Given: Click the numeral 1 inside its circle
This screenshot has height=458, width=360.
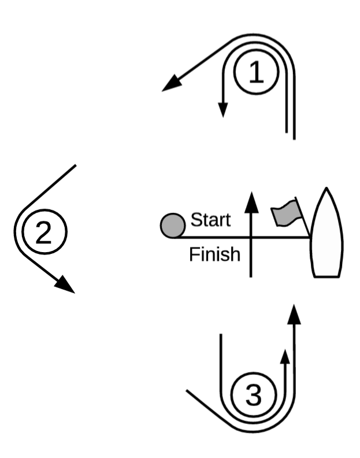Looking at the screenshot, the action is coord(256,72).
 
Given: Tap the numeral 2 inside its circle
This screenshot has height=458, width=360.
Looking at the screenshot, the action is coord(44,232).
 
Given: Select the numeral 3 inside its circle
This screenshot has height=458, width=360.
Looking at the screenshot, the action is coord(253,394).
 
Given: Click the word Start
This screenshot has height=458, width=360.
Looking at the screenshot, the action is coord(210,220).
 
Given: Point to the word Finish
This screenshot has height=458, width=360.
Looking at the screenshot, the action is coord(215,254).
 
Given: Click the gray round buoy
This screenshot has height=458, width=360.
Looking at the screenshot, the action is coord(173,226).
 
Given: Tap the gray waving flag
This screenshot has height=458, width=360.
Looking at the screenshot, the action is coord(286,213).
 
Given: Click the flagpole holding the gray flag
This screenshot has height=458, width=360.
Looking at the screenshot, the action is coord(302,217).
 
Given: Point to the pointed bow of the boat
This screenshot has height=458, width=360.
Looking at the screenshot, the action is coord(326,189).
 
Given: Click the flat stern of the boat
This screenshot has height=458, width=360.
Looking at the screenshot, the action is coord(326,276).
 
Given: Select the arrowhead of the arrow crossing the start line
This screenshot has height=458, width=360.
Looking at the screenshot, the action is coord(251,202).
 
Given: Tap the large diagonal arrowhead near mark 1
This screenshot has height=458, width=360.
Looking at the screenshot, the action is coord(172,83).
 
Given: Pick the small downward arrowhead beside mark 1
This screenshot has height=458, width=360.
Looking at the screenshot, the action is coord(223,110).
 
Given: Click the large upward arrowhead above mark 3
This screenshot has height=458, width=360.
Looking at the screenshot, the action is coord(294,314).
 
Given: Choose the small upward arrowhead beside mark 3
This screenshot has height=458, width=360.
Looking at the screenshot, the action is coord(285,357).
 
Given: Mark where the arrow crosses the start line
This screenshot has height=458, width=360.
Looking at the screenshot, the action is coord(251,238).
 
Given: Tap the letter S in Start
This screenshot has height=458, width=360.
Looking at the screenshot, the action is coord(196,220).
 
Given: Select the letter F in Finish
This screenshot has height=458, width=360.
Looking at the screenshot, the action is coord(194,254).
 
